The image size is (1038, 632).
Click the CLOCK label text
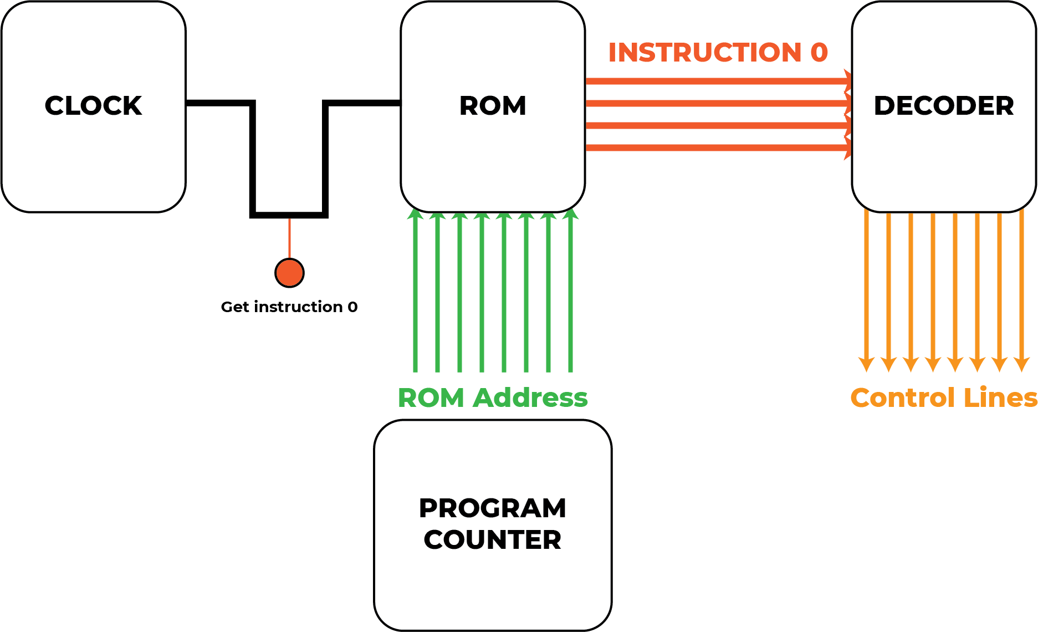tap(93, 105)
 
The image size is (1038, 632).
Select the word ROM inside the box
tap(493, 105)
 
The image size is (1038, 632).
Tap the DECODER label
tap(944, 105)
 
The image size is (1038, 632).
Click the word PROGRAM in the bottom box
tap(493, 508)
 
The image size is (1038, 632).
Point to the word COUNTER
tap(493, 539)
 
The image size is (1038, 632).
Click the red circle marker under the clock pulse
tap(289, 273)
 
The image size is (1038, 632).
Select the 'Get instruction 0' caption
tap(289, 307)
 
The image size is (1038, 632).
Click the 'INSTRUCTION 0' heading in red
tap(718, 53)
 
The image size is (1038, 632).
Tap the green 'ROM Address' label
tap(493, 397)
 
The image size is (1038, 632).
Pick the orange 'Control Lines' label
tap(944, 397)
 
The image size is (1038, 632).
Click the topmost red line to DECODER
tap(718, 81)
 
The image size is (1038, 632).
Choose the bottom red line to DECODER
tap(718, 147)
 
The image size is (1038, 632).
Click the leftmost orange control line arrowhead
tap(866, 364)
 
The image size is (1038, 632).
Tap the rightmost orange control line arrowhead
tap(1021, 364)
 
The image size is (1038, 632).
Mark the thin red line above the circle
tap(289, 238)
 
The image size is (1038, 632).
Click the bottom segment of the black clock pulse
tap(289, 215)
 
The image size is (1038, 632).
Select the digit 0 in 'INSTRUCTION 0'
tap(819, 53)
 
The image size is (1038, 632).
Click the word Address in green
tap(530, 397)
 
